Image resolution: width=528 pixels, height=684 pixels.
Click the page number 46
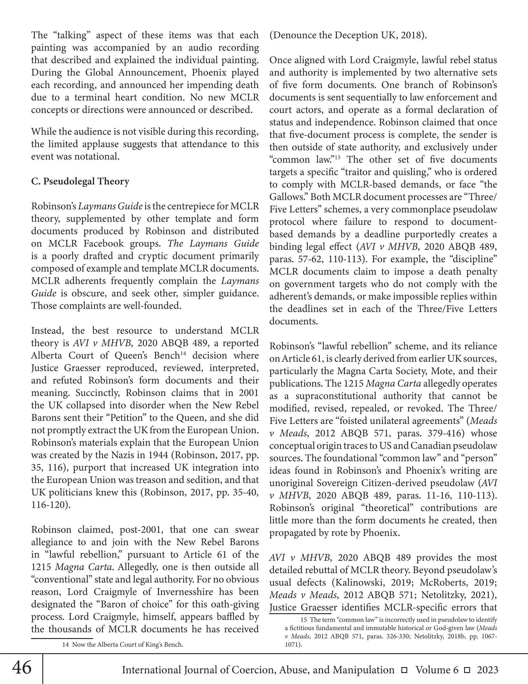pos(22,667)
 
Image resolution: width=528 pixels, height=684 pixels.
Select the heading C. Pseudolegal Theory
pos(80,181)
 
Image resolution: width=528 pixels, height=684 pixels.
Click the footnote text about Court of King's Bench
pos(123,645)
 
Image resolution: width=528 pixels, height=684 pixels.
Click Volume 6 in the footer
pos(437,669)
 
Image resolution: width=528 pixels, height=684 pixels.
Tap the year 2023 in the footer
pos(487,669)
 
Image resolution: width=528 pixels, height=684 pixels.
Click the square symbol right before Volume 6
pos(404,670)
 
